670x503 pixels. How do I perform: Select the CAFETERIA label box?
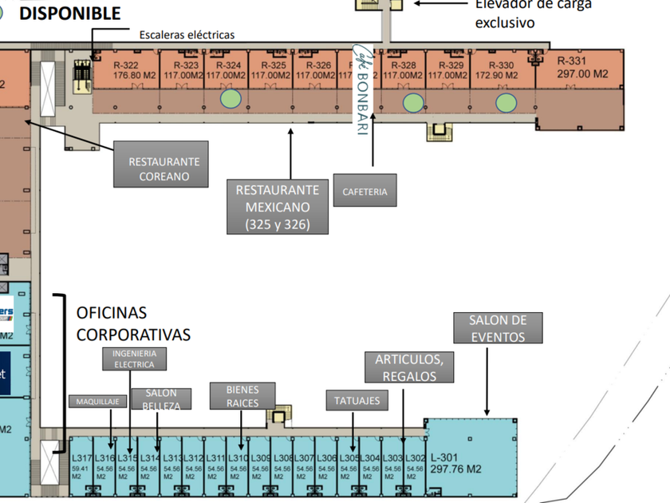click(365, 192)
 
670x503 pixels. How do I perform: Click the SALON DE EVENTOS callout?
click(499, 328)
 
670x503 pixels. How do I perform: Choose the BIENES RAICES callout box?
click(242, 396)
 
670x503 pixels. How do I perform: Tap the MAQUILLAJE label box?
click(97, 402)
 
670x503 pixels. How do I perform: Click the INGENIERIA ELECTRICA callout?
click(134, 358)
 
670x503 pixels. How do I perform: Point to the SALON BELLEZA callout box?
click(161, 399)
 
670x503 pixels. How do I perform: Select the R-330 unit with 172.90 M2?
click(501, 70)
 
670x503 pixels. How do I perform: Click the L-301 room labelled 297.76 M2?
click(457, 464)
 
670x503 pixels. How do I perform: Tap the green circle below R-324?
click(231, 99)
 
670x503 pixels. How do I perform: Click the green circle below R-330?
click(506, 102)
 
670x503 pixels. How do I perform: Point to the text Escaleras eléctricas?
click(187, 35)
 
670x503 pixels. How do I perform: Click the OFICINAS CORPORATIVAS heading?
click(133, 323)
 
